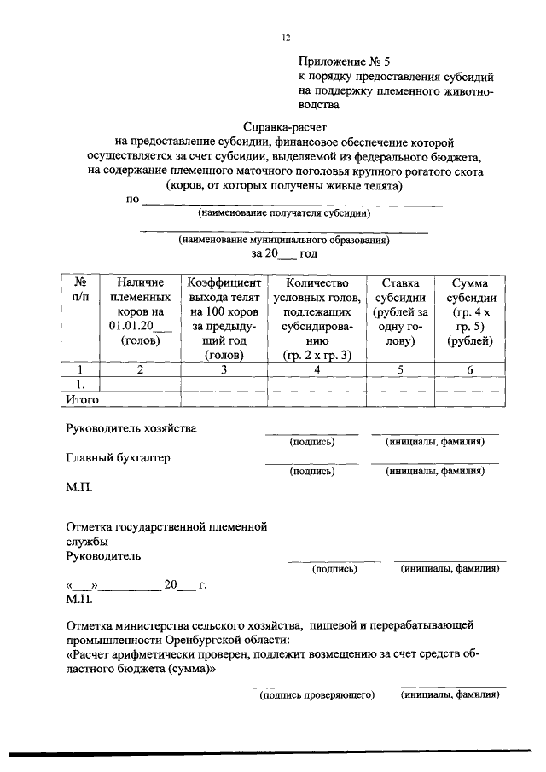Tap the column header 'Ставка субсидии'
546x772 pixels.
[x=399, y=311]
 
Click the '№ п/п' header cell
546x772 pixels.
[x=80, y=289]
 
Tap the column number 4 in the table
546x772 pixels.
[x=316, y=369]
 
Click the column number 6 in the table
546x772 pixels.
[x=469, y=369]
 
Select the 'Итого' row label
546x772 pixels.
[x=83, y=398]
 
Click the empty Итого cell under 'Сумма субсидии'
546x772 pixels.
[x=469, y=398]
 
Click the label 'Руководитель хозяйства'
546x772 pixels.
[x=131, y=427]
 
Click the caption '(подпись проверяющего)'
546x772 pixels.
[x=317, y=695]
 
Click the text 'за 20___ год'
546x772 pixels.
[x=284, y=253]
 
